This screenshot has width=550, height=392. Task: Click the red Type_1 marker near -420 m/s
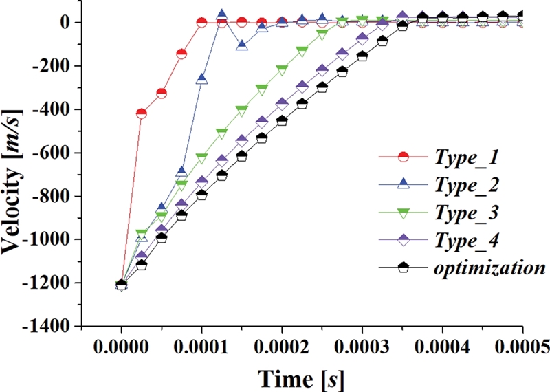[x=142, y=113]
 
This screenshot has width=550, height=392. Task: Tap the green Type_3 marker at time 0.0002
[x=282, y=69]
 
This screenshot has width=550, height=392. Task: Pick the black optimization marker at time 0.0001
[x=201, y=195]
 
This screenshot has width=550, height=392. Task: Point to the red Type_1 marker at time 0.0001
[x=201, y=23]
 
